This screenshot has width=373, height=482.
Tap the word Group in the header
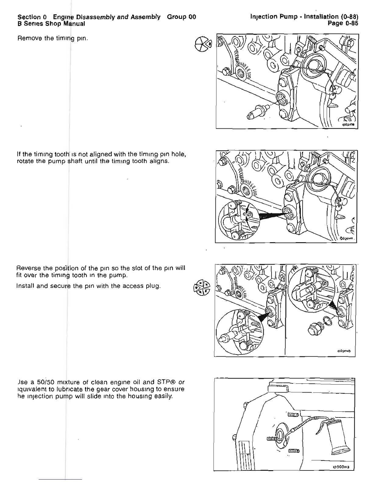point(176,17)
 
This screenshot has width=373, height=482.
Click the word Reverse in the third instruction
point(29,268)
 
